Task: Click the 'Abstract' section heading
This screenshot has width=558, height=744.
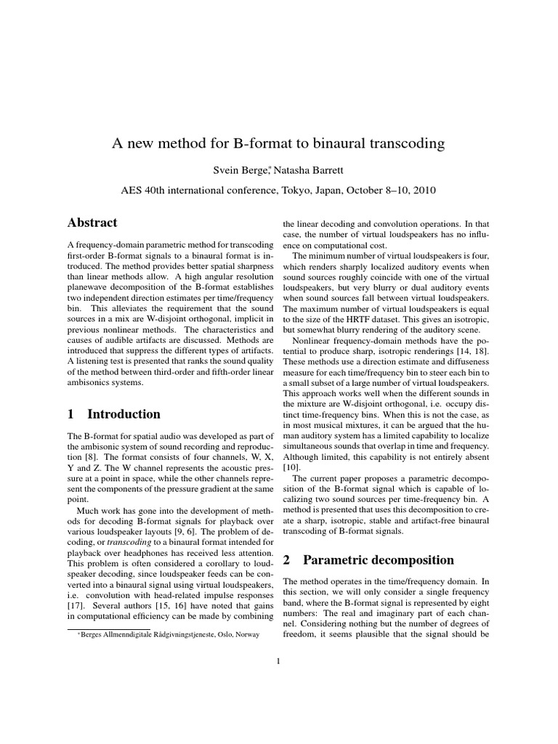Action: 92,222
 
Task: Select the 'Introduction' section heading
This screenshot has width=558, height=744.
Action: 124,414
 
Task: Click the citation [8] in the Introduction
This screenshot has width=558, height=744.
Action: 91,458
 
